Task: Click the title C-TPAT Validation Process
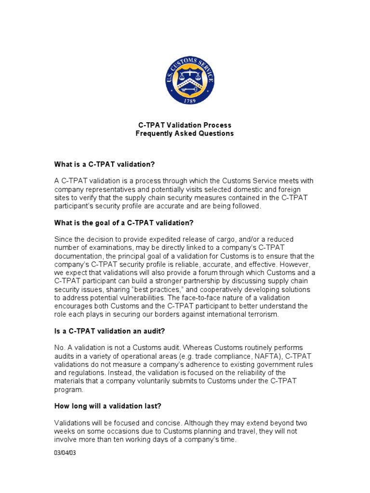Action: pos(185,125)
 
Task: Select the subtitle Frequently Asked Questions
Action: pos(185,133)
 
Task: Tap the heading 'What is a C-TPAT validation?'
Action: pos(105,164)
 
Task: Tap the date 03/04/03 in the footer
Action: pos(65,454)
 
